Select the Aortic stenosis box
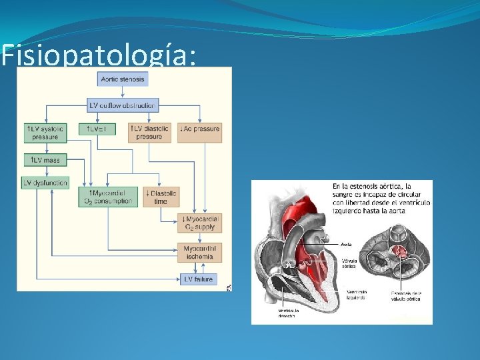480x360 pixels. pyautogui.click(x=123, y=79)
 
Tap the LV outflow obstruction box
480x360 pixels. pyautogui.click(x=123, y=105)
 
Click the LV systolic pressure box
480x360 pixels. pyautogui.click(x=46, y=132)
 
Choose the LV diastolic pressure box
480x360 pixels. pyautogui.click(x=149, y=132)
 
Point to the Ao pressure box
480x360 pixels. pyautogui.click(x=200, y=128)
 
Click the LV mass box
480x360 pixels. pyautogui.click(x=45, y=160)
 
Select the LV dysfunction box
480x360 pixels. pyautogui.click(x=46, y=183)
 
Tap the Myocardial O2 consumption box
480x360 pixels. pyautogui.click(x=109, y=197)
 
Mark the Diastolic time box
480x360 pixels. pyautogui.click(x=161, y=197)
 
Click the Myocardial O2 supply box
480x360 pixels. pyautogui.click(x=199, y=223)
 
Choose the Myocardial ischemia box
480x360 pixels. pyautogui.click(x=199, y=252)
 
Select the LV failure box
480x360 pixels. pyautogui.click(x=198, y=279)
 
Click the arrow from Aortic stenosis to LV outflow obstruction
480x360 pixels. pyautogui.click(x=123, y=93)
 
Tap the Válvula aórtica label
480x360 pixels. pyautogui.click(x=349, y=263)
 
